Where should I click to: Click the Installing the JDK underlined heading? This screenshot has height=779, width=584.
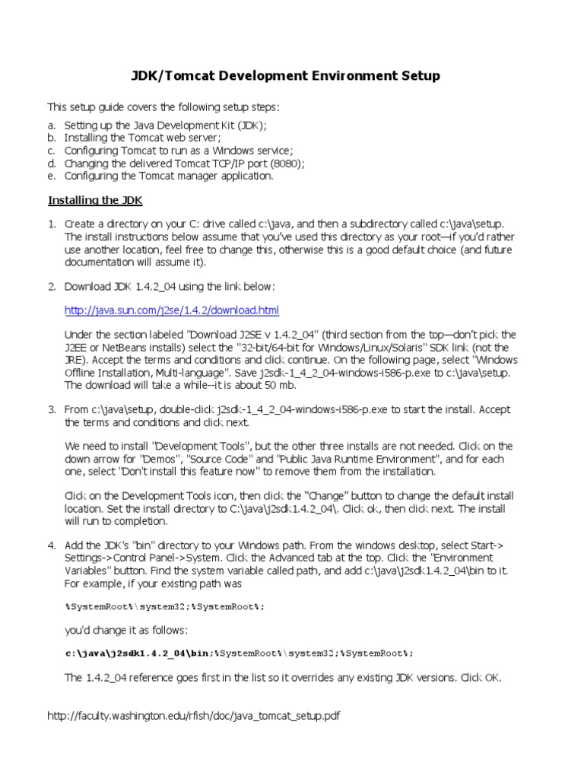95,201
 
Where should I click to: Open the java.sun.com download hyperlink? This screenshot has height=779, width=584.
172,310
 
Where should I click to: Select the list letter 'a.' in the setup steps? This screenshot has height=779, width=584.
52,125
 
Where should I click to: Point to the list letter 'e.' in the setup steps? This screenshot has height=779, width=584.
52,176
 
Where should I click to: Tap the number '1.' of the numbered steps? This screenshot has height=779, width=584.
52,225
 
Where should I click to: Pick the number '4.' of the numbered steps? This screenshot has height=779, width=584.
52,545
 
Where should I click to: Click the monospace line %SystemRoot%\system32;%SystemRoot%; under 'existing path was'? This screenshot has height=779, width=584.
166,606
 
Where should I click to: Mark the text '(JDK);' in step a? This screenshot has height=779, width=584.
250,125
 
